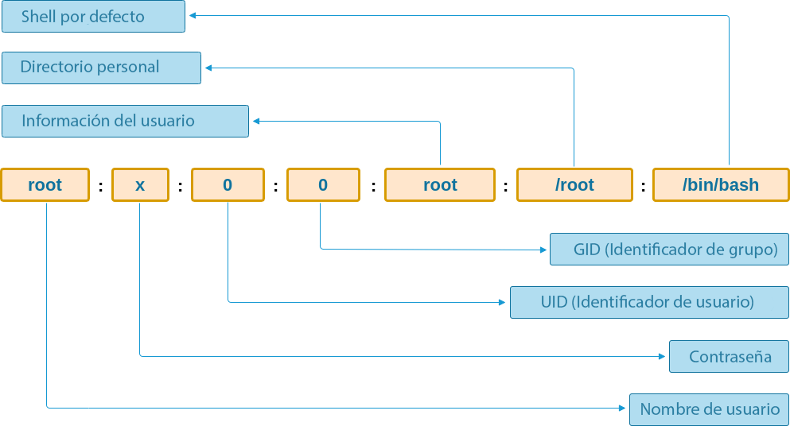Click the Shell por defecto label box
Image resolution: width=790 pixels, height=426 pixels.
93,17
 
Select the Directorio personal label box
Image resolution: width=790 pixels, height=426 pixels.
101,68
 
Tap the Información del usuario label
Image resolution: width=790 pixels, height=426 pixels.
125,121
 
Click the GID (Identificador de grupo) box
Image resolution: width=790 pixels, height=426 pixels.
669,250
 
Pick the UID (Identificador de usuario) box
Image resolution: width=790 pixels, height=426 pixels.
649,302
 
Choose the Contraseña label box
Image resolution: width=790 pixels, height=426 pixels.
729,356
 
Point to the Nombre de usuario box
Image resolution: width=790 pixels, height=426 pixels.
709,409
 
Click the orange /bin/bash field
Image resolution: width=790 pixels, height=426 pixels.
721,185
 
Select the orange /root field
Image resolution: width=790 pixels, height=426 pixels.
574,185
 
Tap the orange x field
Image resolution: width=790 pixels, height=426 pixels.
140,185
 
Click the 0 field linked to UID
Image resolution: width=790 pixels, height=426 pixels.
228,185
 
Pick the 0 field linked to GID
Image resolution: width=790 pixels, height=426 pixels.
323,185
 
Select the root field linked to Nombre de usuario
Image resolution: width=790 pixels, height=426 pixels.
45,185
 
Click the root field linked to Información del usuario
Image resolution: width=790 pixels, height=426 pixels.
440,185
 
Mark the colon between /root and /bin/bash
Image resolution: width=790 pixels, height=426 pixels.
643,187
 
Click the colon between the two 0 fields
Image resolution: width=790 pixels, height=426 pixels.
275,187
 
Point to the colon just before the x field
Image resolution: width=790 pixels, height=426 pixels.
100,187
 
